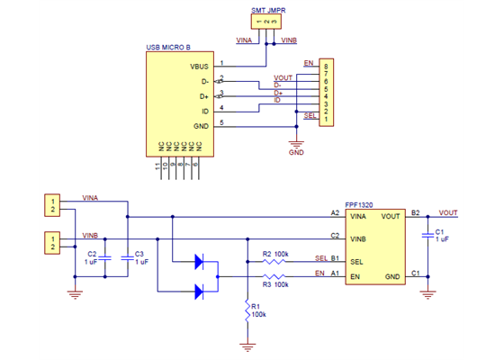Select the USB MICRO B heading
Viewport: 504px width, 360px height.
[174, 46]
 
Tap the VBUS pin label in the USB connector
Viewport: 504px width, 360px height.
[199, 67]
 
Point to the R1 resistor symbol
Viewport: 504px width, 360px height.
[246, 310]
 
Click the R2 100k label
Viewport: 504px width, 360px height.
[275, 255]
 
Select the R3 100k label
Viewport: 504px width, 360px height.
[275, 284]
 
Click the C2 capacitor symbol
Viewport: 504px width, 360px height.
[104, 256]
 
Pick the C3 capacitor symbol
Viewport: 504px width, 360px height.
[128, 256]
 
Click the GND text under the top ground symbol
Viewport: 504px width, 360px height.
[296, 153]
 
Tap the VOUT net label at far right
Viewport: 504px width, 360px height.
[447, 212]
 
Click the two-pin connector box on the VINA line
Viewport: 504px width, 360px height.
[54, 204]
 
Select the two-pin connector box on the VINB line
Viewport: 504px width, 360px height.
[54, 241]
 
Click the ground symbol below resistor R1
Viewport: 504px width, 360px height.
[246, 346]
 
